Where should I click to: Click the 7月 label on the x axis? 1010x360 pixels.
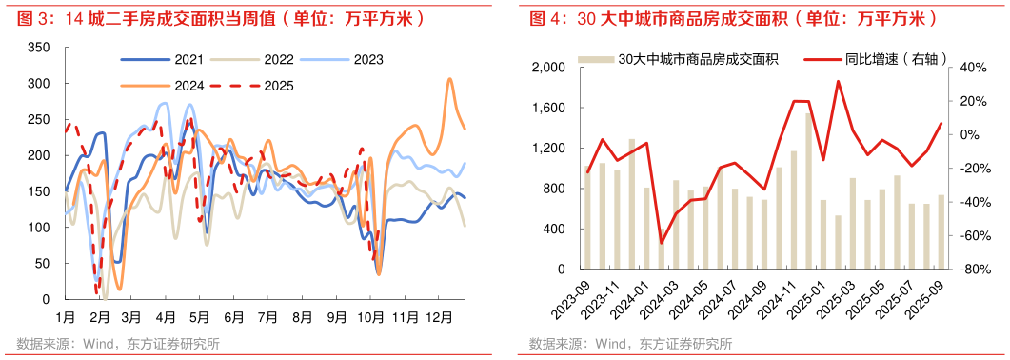[x=267, y=316]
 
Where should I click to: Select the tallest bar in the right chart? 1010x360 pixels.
[x=809, y=191]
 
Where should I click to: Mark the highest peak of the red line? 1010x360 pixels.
[x=838, y=81]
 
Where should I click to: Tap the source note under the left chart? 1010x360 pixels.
[x=118, y=344]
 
